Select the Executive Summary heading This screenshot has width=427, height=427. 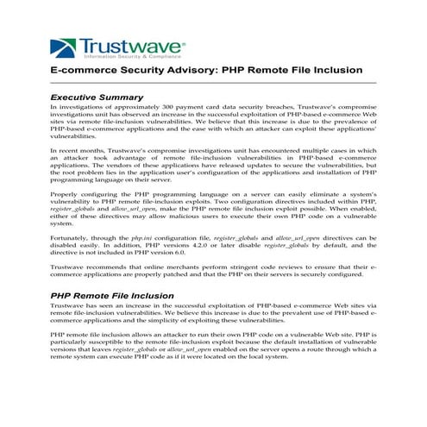coord(97,97)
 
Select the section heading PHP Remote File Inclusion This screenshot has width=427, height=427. coord(111,296)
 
